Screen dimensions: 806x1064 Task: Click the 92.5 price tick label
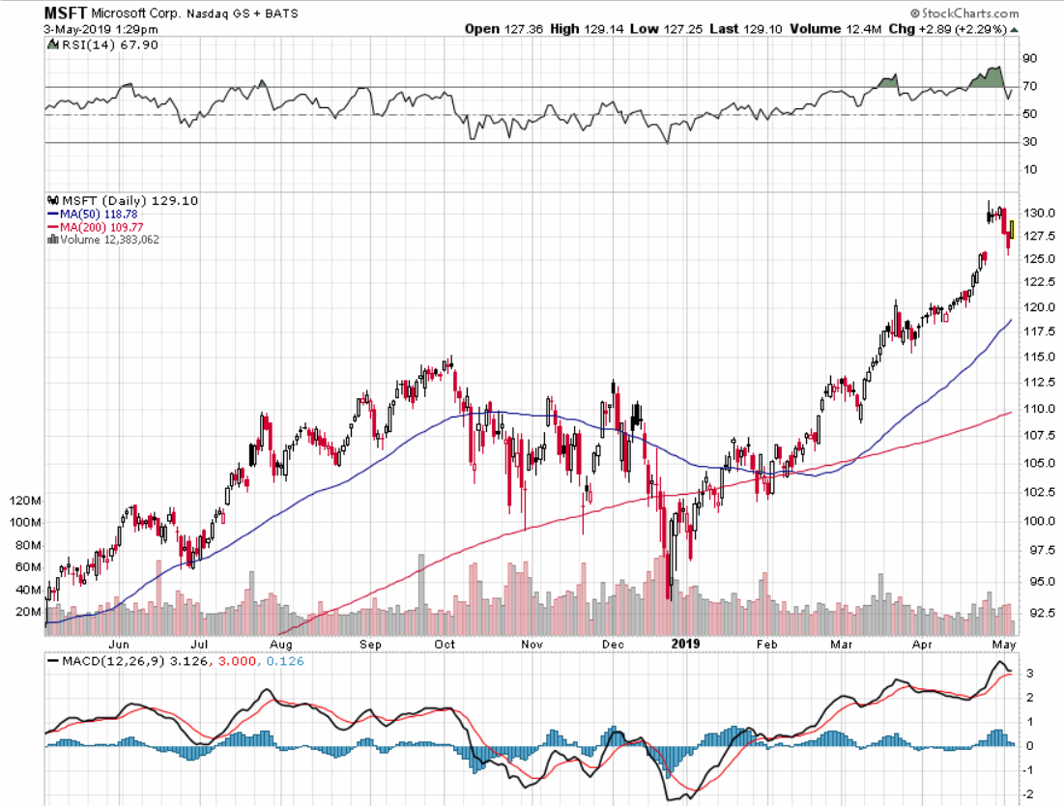pyautogui.click(x=1034, y=613)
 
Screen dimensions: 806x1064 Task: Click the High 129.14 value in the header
pyautogui.click(x=582, y=28)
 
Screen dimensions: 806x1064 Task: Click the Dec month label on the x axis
pyautogui.click(x=610, y=643)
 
